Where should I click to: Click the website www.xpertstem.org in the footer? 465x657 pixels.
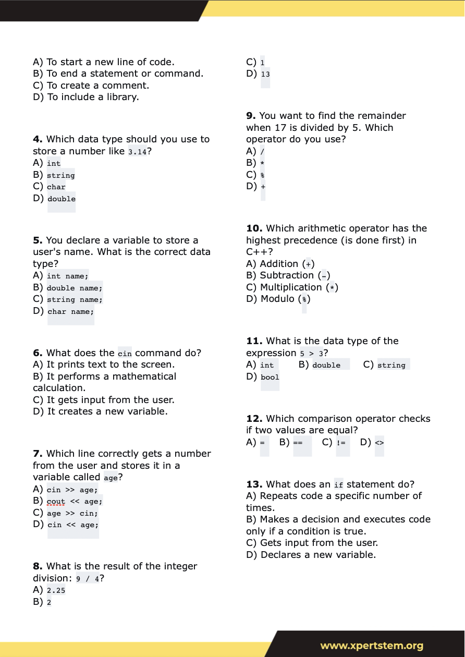(372, 646)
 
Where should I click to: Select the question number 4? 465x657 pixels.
(38, 139)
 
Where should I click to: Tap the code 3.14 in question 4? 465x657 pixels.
(137, 152)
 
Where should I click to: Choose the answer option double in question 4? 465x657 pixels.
(62, 199)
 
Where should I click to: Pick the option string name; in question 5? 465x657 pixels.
(75, 300)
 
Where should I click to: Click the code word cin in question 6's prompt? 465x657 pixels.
(125, 354)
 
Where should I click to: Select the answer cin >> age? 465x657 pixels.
(72, 490)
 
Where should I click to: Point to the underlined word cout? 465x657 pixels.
(56, 502)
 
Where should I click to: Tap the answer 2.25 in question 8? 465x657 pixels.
(56, 591)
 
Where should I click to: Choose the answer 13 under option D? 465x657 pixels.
(265, 74)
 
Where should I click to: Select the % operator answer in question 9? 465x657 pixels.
(263, 175)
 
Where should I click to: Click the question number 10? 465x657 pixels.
(254, 228)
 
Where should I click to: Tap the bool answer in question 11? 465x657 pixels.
(270, 377)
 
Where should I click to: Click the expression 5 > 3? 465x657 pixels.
(311, 354)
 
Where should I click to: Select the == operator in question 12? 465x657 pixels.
(298, 443)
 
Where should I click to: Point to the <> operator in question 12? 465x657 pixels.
(379, 443)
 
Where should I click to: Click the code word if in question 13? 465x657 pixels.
(339, 485)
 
